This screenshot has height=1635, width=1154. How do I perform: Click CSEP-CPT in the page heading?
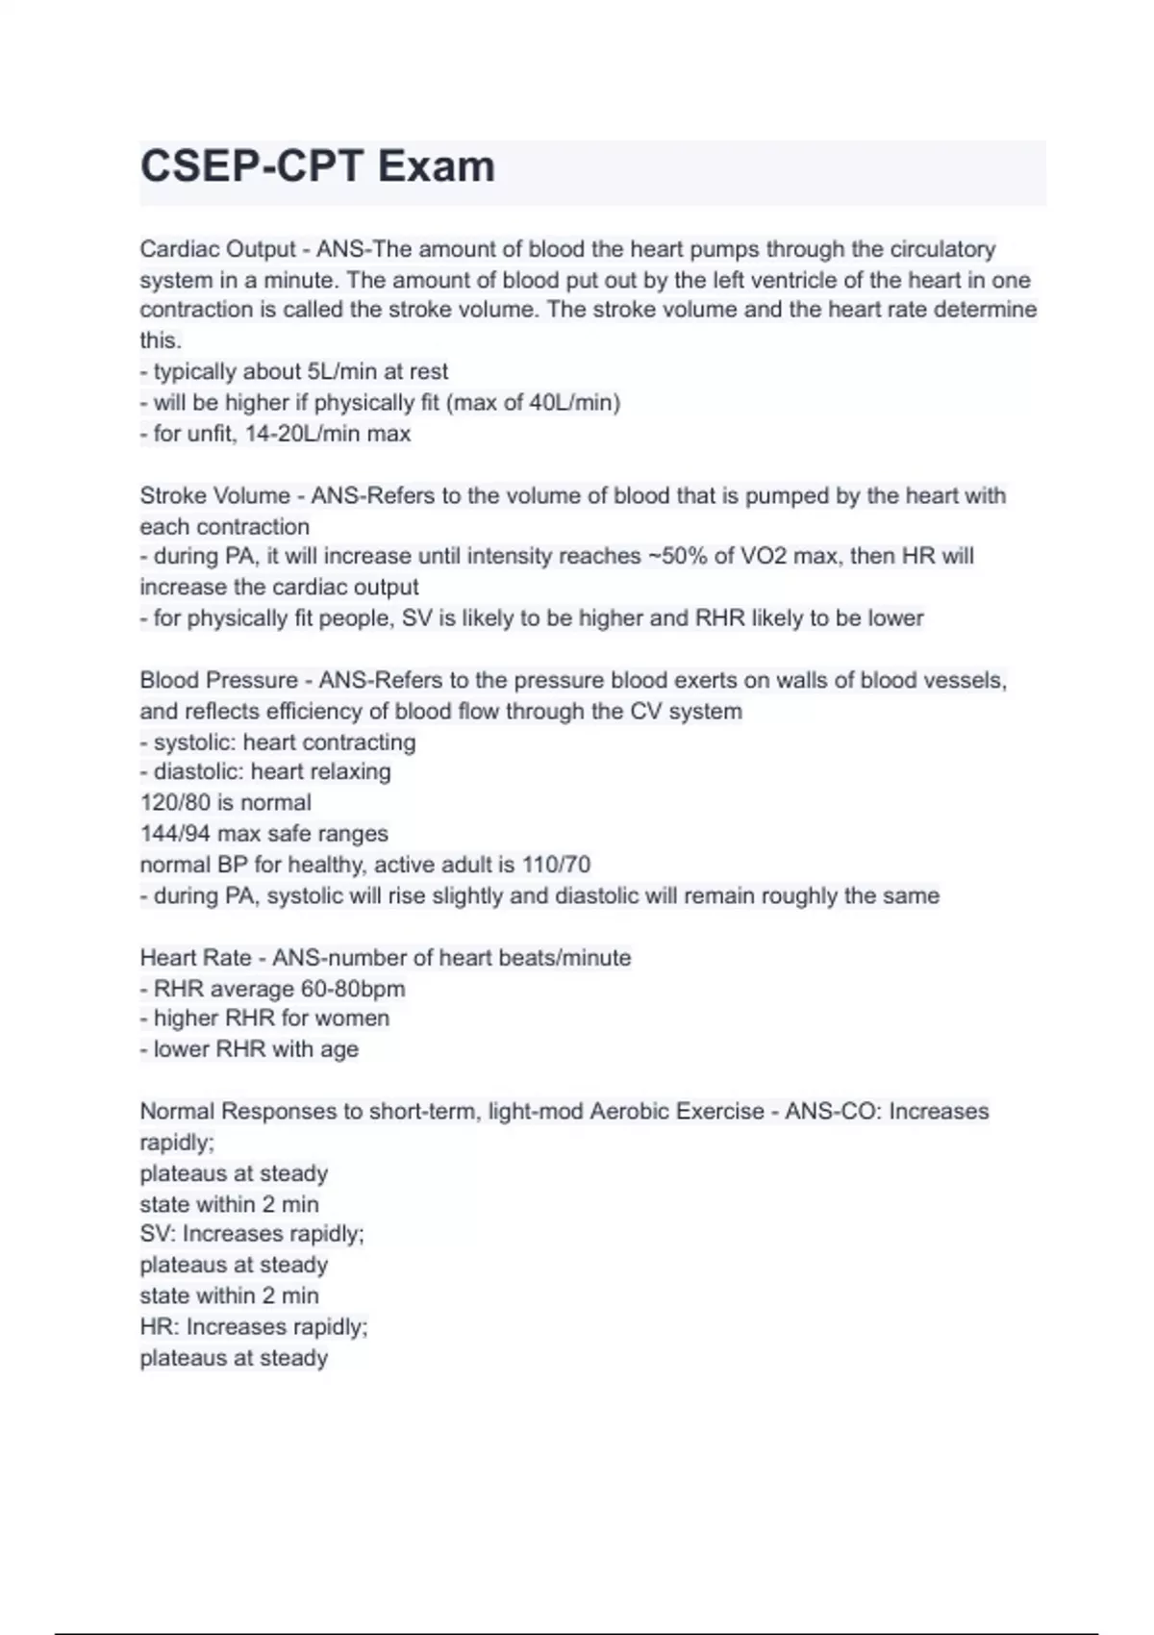(251, 167)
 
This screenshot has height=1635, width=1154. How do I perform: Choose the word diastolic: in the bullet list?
(198, 772)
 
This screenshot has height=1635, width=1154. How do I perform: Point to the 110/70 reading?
(556, 865)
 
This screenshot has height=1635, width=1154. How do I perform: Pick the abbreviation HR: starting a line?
(159, 1327)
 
